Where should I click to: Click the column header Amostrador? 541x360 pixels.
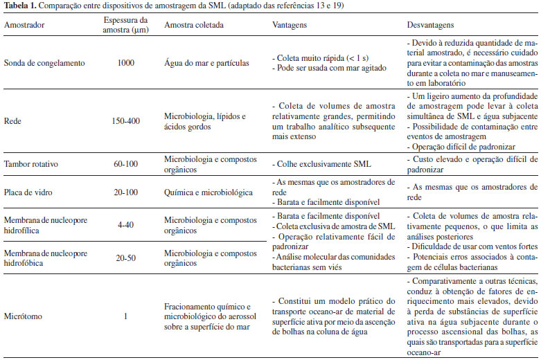coord(26,24)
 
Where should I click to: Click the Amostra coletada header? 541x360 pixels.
coord(192,24)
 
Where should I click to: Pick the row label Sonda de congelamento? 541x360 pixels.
coord(44,63)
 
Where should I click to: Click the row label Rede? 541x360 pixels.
coord(13,120)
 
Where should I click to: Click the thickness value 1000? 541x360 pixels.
coord(125,63)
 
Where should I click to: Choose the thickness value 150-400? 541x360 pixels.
coord(125,120)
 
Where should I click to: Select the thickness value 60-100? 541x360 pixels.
coord(125,165)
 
